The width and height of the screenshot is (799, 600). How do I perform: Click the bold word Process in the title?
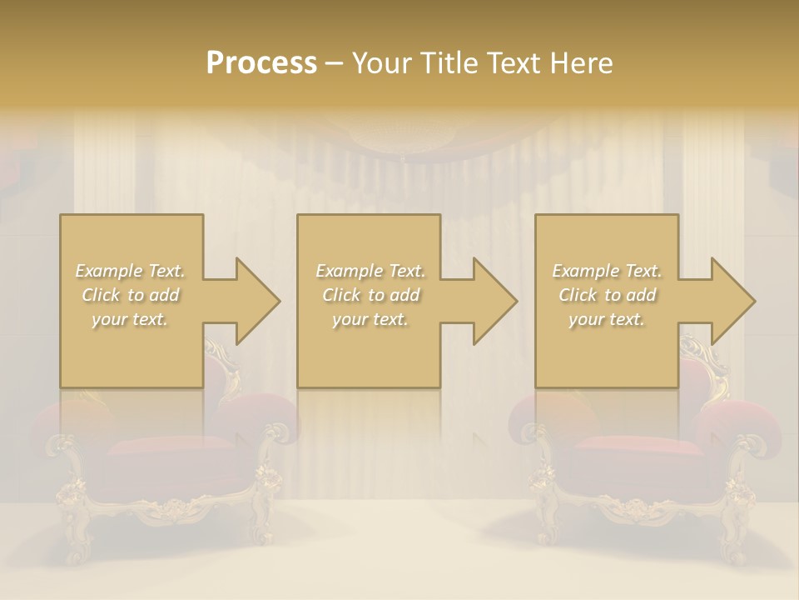coord(261,63)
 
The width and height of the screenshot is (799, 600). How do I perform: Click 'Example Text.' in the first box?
coord(131,271)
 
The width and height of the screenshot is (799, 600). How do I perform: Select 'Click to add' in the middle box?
coord(370,295)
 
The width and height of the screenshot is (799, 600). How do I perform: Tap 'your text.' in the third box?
coord(607,319)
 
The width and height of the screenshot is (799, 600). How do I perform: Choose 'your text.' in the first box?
coord(131,319)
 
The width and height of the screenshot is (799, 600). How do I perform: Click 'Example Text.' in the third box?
coord(607,271)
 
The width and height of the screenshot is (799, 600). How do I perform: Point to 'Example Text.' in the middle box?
coord(370,271)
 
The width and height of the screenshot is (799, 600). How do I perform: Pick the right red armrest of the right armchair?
coord(741,421)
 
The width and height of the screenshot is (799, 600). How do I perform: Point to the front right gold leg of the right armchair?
coord(737,517)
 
